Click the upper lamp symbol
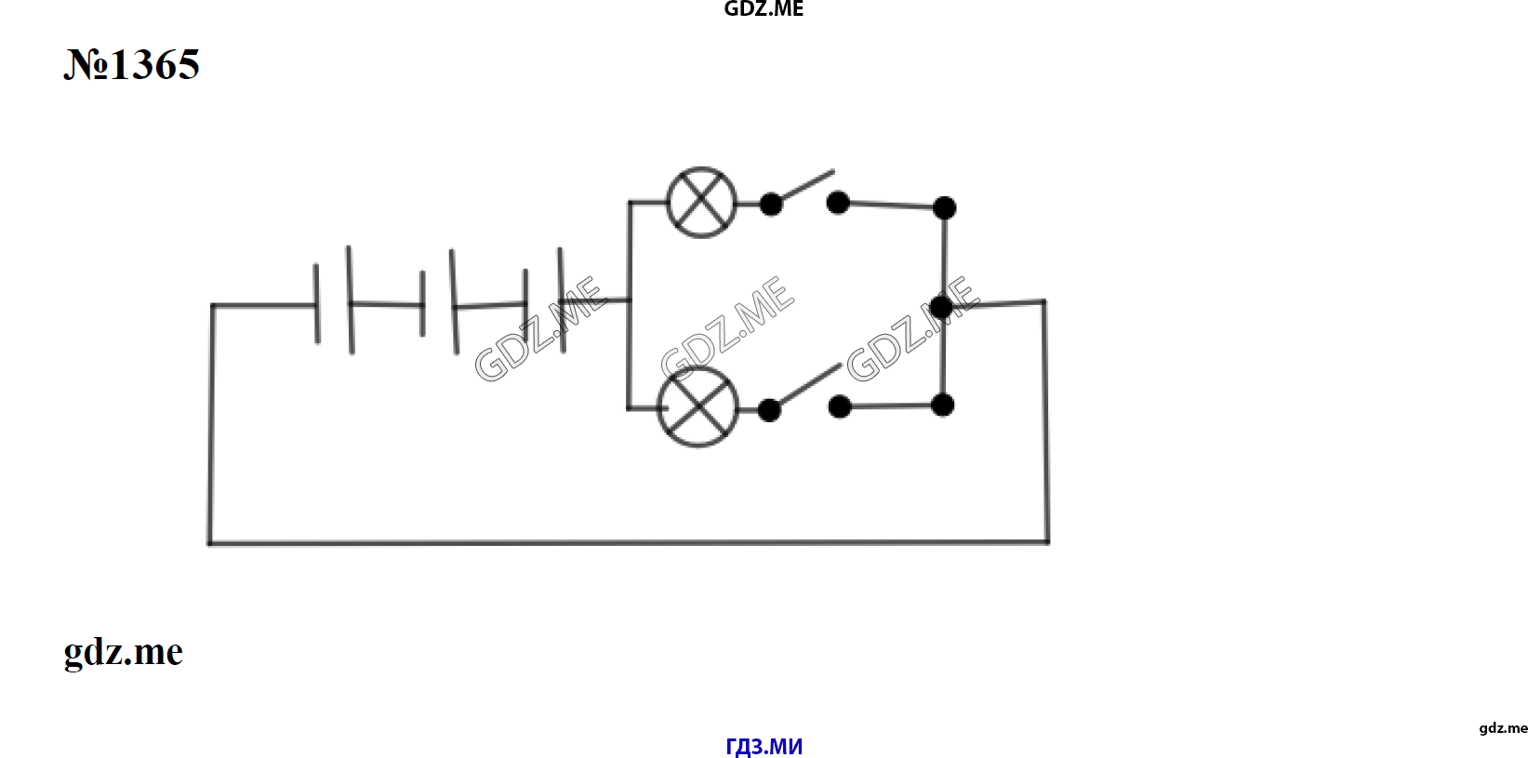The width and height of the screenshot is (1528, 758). click(x=701, y=203)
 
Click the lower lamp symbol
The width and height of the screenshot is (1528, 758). click(x=698, y=407)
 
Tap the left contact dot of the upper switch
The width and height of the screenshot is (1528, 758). click(x=771, y=204)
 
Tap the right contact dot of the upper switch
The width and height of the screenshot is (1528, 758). click(x=838, y=203)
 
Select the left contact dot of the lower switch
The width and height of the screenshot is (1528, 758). click(x=769, y=410)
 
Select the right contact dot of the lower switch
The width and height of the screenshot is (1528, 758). click(x=840, y=406)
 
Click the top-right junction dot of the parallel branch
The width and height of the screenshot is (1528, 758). click(x=944, y=207)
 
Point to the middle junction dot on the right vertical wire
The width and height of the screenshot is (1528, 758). click(x=941, y=307)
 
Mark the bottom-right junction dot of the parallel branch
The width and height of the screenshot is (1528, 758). click(x=942, y=406)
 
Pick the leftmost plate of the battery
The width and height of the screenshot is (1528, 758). click(x=316, y=303)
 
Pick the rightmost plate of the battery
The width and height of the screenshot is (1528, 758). click(x=562, y=300)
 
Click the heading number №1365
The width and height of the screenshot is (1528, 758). click(x=132, y=65)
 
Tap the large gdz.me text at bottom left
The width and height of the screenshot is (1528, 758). click(x=124, y=652)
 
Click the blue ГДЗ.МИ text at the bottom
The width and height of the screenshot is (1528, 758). click(x=764, y=746)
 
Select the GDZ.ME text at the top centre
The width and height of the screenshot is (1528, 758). click(x=764, y=9)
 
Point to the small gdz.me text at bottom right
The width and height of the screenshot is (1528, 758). click(x=1503, y=728)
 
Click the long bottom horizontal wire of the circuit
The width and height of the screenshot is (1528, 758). click(x=629, y=543)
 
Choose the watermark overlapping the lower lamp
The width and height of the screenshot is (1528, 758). click(x=727, y=328)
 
